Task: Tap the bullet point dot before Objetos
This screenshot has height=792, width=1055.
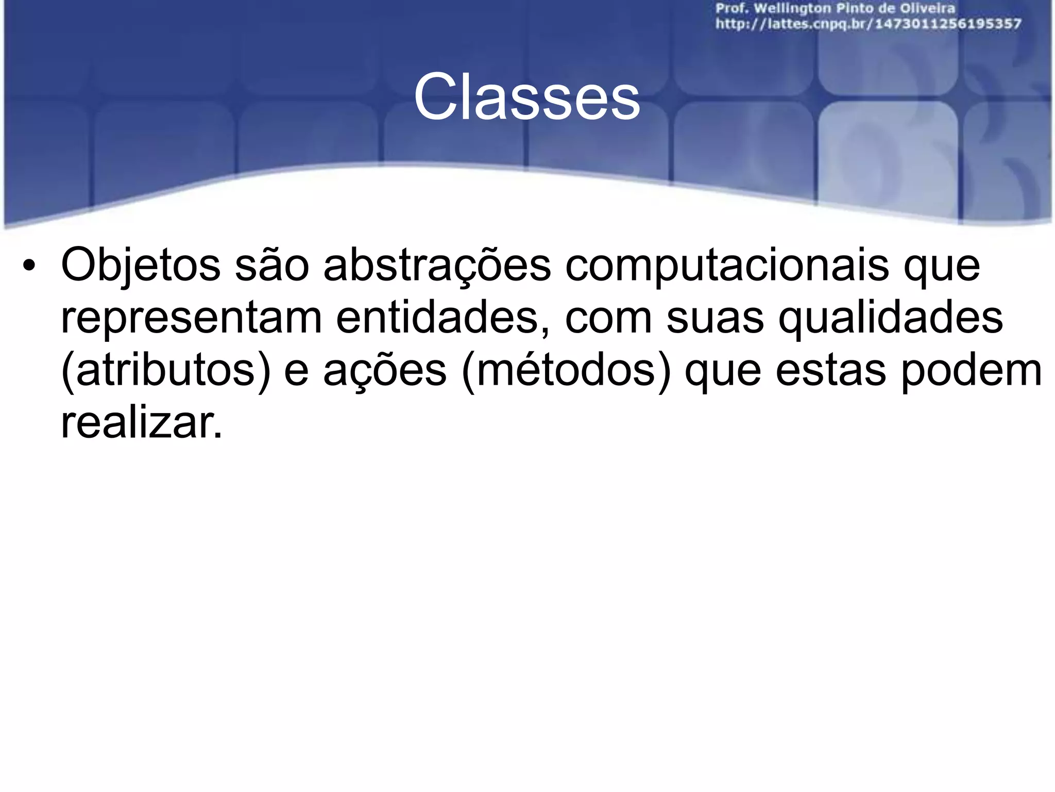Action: [29, 266]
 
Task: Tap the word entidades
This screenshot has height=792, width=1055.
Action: [443, 319]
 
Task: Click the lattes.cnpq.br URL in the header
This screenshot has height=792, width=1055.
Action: [868, 24]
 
